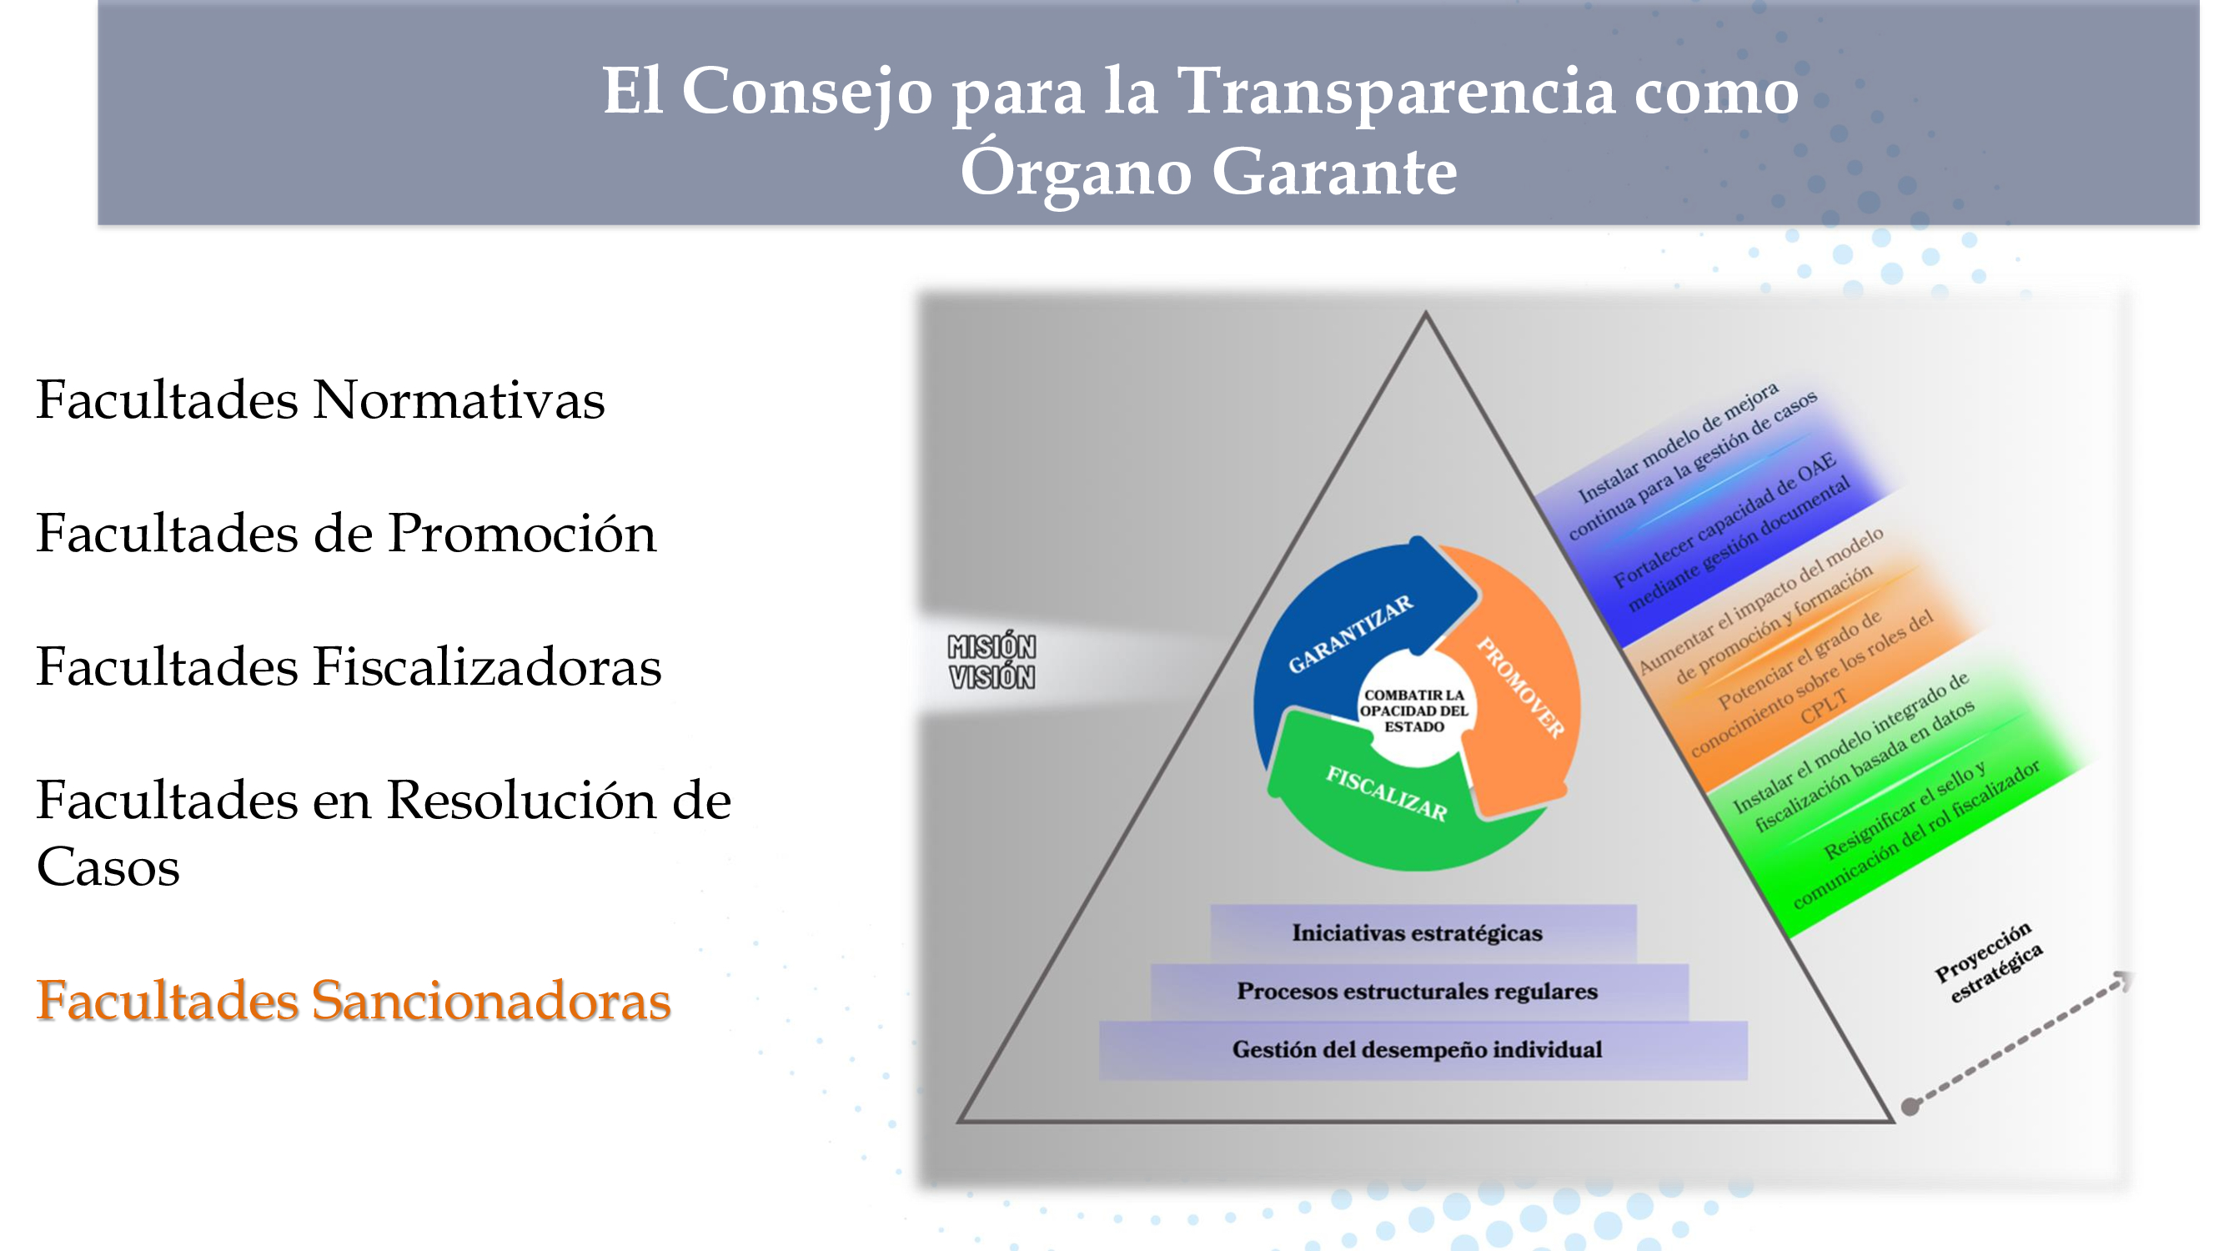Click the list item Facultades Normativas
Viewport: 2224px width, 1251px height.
pos(320,399)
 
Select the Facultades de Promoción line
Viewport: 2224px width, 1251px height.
pos(346,533)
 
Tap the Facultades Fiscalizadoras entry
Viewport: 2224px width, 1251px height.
pos(349,666)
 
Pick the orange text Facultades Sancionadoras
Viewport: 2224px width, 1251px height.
pos(353,1001)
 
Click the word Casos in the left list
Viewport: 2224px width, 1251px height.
pos(108,867)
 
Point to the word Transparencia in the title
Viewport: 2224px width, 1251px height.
pos(1396,91)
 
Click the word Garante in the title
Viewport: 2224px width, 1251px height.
pos(1335,172)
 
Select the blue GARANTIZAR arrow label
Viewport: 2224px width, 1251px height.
pos(1350,635)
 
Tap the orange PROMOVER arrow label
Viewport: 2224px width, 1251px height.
pos(1520,688)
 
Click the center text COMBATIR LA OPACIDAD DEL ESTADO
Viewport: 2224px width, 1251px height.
pos(1414,711)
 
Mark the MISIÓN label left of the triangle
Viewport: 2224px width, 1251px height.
pos(992,646)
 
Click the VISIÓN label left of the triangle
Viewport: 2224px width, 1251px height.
pos(992,677)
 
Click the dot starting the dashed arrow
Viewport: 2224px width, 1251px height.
pos(1911,1106)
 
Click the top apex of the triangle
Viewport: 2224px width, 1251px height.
pos(1425,313)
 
